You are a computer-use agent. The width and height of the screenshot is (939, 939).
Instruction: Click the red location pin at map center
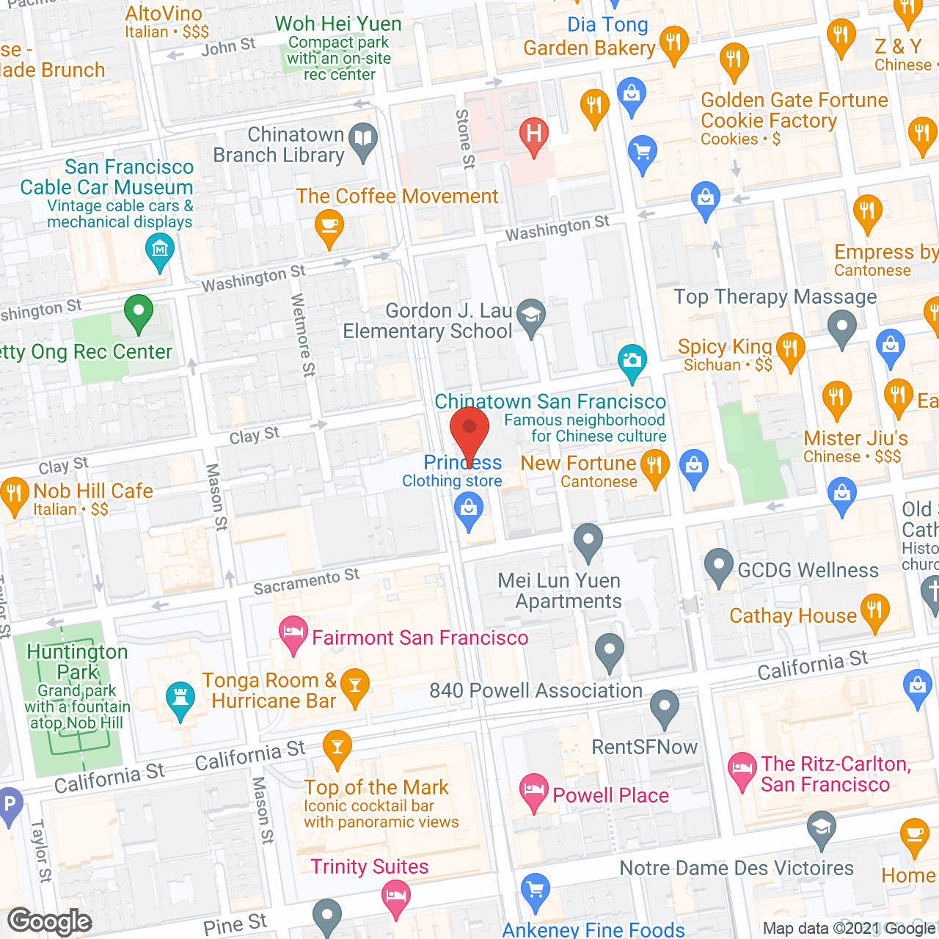point(469,429)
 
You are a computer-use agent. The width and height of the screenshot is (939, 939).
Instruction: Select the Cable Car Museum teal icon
point(160,250)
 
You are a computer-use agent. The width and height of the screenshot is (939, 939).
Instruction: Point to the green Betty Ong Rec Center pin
point(138,313)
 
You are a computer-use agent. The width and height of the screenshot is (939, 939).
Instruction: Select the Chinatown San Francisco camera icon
point(632,361)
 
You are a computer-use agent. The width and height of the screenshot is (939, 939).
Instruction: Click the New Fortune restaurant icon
point(654,467)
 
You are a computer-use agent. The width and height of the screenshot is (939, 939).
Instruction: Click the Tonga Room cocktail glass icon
point(355,686)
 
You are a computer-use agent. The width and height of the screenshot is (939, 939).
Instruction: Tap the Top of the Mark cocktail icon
point(337,748)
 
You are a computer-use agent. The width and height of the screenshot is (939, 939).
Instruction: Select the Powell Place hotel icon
point(533,792)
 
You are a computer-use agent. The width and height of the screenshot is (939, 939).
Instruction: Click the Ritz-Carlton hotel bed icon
point(742,770)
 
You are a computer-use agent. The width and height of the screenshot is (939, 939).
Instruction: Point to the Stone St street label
point(465,139)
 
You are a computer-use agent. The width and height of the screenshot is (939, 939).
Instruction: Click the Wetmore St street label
point(303,335)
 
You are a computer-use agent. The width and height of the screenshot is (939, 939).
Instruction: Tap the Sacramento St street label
point(307,582)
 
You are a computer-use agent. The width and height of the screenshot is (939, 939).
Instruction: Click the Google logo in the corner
point(50,921)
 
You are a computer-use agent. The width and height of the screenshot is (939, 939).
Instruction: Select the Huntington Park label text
point(77,662)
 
